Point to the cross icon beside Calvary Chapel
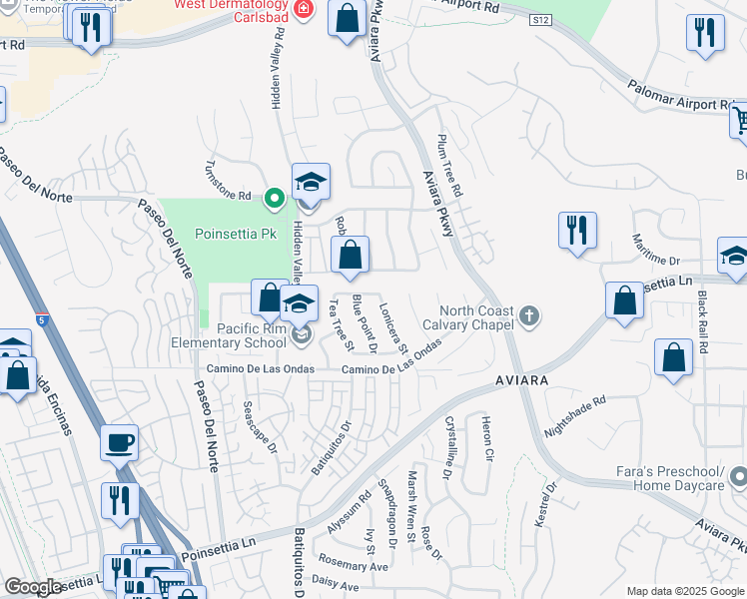coord(529,317)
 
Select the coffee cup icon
coord(120,441)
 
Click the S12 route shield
coord(540,20)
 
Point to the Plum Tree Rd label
coord(450,165)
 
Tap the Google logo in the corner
coord(33,587)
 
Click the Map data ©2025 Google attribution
coord(685,591)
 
